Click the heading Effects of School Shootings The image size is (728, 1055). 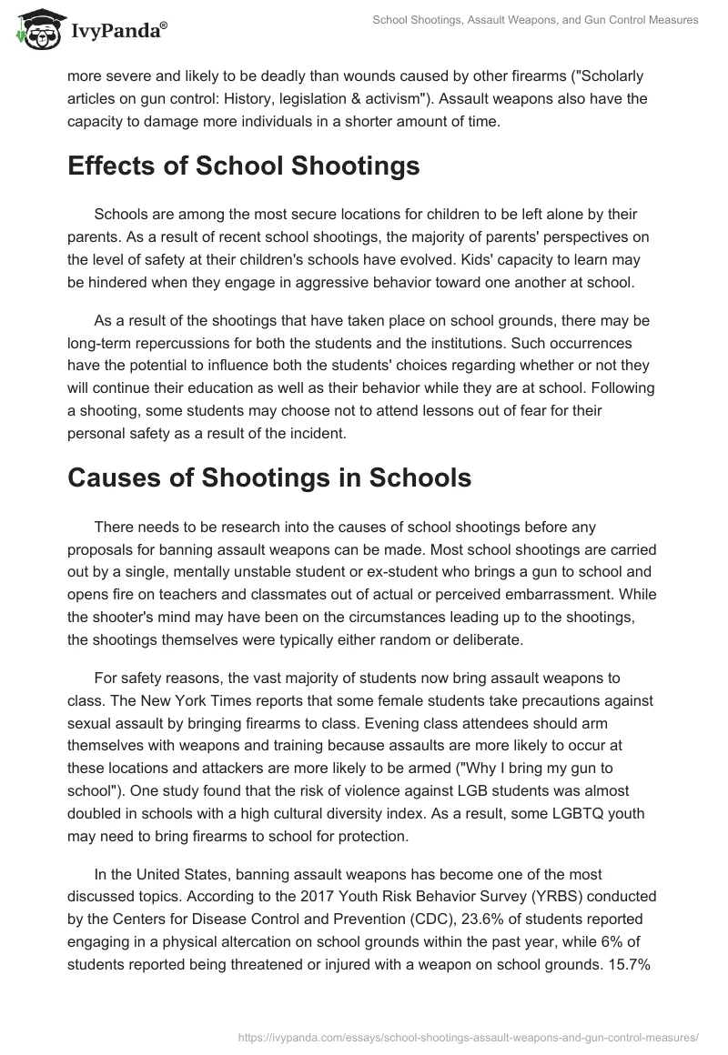pyautogui.click(x=244, y=166)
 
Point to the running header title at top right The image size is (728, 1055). pyautogui.click(x=536, y=19)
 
